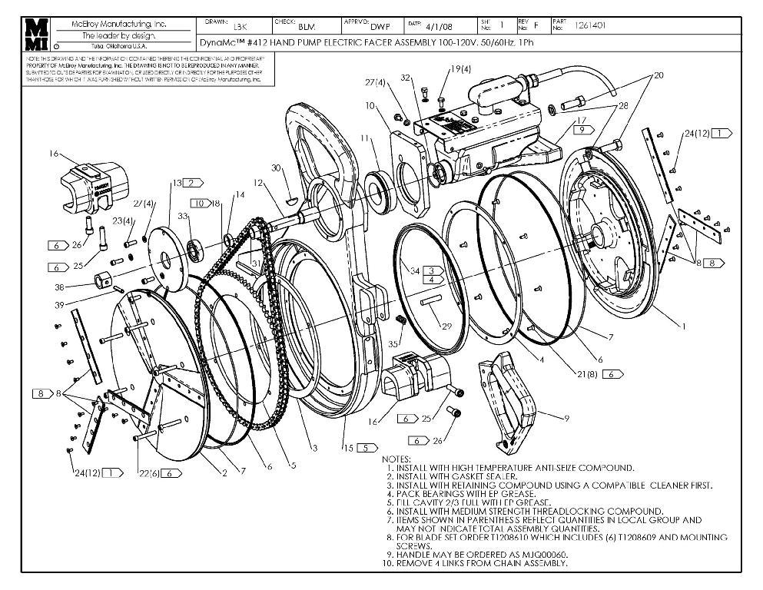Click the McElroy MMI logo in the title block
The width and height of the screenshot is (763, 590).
[x=38, y=35]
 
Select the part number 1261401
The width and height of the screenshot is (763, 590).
[x=591, y=25]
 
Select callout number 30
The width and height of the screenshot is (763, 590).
[x=276, y=167]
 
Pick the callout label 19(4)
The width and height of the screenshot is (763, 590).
[x=459, y=69]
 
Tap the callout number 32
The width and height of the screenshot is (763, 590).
[x=406, y=78]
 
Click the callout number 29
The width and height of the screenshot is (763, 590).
[x=446, y=327]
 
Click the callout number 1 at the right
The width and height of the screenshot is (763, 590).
[x=683, y=326]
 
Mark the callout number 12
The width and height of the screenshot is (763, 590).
[x=259, y=182]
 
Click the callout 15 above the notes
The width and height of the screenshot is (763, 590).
[x=349, y=448]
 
